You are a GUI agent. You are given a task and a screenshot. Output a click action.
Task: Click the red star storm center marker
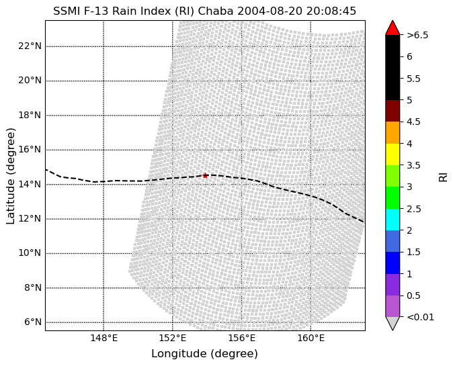[x=205, y=175]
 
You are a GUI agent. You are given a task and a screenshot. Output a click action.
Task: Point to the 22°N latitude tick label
[x=30, y=46]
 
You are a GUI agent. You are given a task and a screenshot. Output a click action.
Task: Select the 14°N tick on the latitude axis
[x=30, y=184]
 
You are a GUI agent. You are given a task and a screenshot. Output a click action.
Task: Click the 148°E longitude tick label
[x=104, y=338]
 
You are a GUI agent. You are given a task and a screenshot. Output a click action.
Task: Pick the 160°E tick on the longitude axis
[x=311, y=338]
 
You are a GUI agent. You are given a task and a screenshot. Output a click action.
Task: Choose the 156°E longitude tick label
[x=242, y=338]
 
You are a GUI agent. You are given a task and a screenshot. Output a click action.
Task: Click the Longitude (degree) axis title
[x=204, y=353]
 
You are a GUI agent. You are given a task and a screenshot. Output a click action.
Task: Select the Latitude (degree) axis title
[x=11, y=176]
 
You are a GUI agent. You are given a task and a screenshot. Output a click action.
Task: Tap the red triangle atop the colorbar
[x=392, y=28]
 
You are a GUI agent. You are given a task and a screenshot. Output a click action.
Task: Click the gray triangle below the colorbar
[x=392, y=324]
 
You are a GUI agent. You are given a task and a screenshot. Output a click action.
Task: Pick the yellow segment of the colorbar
[x=392, y=154]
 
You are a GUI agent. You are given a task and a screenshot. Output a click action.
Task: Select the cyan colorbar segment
[x=392, y=220]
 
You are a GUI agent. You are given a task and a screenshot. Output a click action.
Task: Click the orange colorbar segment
[x=392, y=132]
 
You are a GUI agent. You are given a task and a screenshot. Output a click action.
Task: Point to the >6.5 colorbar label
[x=417, y=35]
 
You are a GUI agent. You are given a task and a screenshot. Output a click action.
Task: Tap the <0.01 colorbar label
[x=421, y=317]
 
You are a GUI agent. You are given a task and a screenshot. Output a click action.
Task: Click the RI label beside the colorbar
[x=443, y=177]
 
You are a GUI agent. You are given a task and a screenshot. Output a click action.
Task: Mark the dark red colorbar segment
[x=392, y=111]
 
